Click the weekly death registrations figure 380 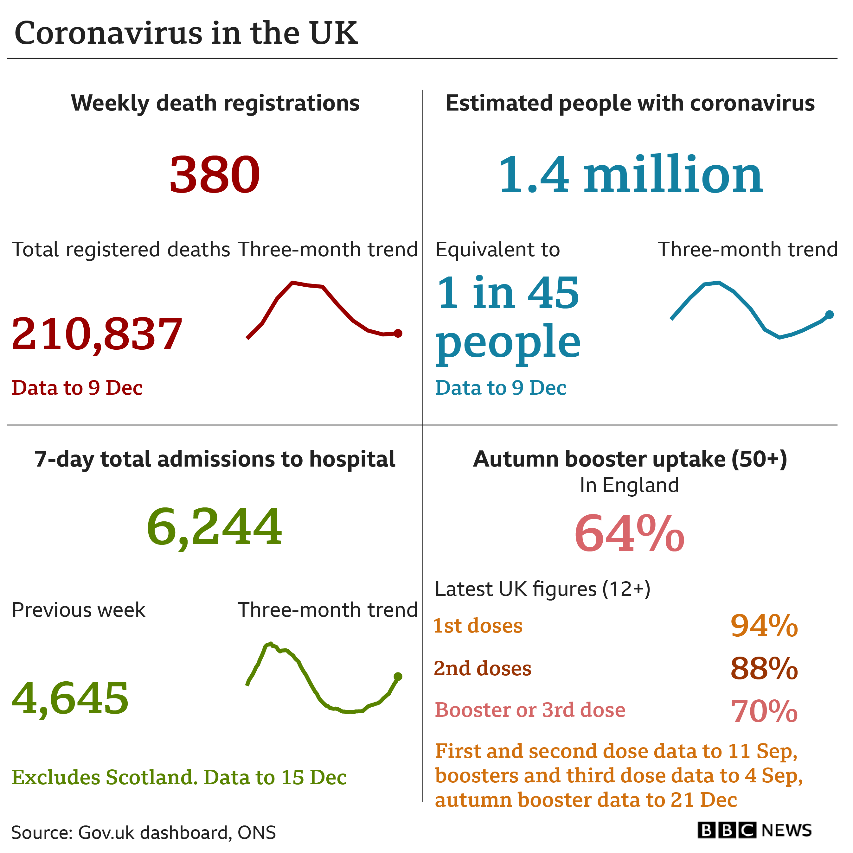click(215, 175)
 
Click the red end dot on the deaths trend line click(398, 333)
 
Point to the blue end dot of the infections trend click(830, 314)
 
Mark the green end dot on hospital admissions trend click(398, 676)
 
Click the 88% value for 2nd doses click(764, 668)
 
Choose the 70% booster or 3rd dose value click(764, 710)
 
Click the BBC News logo click(754, 830)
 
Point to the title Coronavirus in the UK click(186, 33)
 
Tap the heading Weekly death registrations click(215, 103)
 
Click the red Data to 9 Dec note click(77, 388)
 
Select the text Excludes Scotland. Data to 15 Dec click(179, 777)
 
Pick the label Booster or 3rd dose click(530, 710)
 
